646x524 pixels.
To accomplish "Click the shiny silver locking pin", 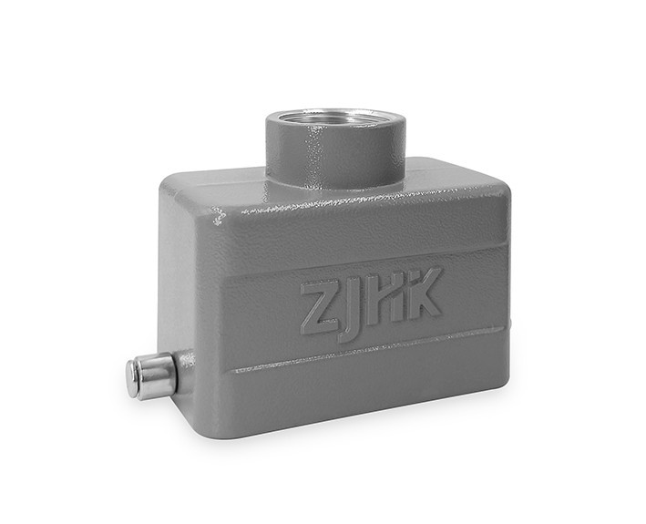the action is pyautogui.click(x=151, y=375).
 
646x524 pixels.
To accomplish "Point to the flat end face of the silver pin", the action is pyautogui.click(x=132, y=378).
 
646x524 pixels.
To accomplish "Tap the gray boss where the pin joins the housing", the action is pyautogui.click(x=185, y=369).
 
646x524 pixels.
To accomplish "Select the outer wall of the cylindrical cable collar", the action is pyautogui.click(x=334, y=157).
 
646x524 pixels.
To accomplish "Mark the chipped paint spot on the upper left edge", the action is pyautogui.click(x=219, y=216).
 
